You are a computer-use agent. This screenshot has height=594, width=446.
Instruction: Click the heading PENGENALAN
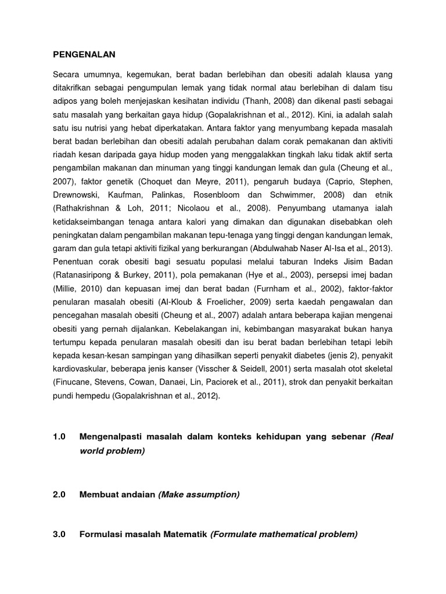pyautogui.click(x=84, y=55)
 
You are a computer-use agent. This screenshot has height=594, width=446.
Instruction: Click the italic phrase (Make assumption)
pyautogui.click(x=199, y=495)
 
